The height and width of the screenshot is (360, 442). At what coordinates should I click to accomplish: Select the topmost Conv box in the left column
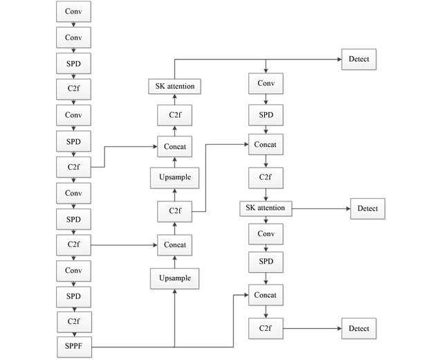coord(73,12)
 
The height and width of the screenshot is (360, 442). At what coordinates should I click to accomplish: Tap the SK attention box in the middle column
coord(174,86)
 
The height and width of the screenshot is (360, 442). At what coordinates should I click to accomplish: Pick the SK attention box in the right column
coord(266,208)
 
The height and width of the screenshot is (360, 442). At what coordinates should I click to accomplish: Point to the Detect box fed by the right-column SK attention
coord(368,208)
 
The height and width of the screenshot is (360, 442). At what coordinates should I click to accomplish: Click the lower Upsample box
coord(174,278)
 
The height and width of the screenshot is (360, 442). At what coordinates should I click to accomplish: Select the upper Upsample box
coord(174,178)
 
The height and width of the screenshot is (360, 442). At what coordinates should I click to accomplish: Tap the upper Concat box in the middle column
coord(174,147)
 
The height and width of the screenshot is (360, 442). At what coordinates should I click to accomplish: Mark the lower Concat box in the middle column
coord(174,244)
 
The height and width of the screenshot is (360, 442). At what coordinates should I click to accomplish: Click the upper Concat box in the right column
coord(266,145)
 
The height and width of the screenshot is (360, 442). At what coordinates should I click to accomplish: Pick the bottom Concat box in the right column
coord(266,296)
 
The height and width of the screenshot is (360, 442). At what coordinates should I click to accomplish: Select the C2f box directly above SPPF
coord(73,322)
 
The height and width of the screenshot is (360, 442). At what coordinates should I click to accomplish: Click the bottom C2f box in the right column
coord(266,328)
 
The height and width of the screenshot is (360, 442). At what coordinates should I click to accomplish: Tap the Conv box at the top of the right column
coord(266,84)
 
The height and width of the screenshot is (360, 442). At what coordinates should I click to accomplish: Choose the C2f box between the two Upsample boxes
coord(174,210)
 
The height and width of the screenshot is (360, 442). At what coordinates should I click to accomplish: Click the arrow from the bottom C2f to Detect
coord(311,328)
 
